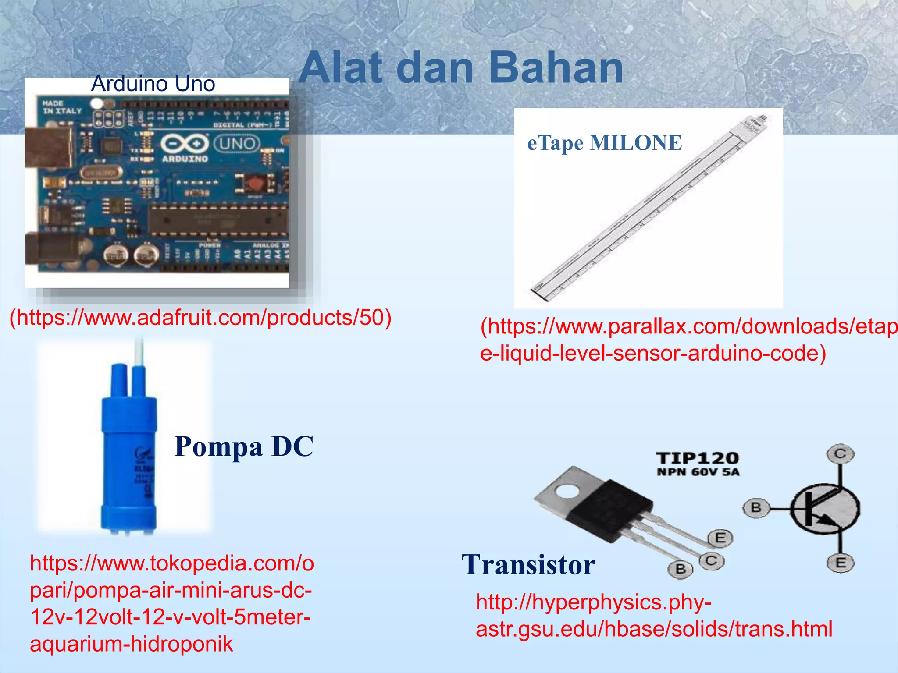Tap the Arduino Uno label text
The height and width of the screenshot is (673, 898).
click(153, 84)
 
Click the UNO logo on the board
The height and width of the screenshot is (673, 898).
click(237, 143)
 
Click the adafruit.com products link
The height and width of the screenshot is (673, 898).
click(200, 318)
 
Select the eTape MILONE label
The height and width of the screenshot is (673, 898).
click(604, 143)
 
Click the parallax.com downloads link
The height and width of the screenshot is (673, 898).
click(688, 340)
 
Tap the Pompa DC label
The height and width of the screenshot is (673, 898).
click(244, 446)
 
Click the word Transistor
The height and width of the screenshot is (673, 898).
click(528, 565)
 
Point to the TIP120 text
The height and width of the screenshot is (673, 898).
click(697, 458)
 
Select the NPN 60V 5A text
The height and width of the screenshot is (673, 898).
click(698, 472)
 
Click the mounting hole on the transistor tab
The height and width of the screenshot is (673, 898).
click(568, 491)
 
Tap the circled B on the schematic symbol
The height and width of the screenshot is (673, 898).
click(755, 508)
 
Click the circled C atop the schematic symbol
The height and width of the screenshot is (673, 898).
click(840, 453)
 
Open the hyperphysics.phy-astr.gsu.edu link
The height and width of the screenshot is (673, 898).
click(653, 616)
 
